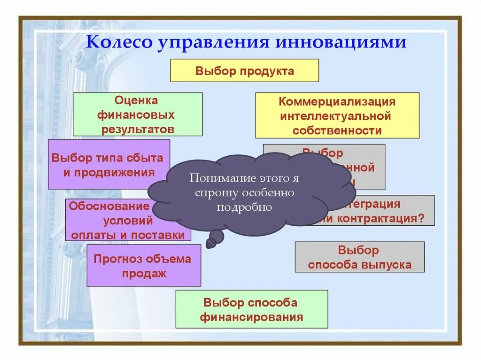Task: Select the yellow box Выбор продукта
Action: [x=244, y=71]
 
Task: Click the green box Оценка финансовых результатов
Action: [x=138, y=115]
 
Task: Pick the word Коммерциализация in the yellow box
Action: [x=337, y=101]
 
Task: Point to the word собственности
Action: [x=337, y=130]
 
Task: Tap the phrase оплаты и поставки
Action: [x=128, y=235]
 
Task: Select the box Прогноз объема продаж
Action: [x=143, y=265]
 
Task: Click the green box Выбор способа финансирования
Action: [x=251, y=309]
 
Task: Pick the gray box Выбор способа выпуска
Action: [x=359, y=257]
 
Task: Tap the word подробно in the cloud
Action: [x=244, y=207]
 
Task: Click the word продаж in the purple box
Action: [x=144, y=273]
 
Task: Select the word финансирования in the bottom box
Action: [x=251, y=317]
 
